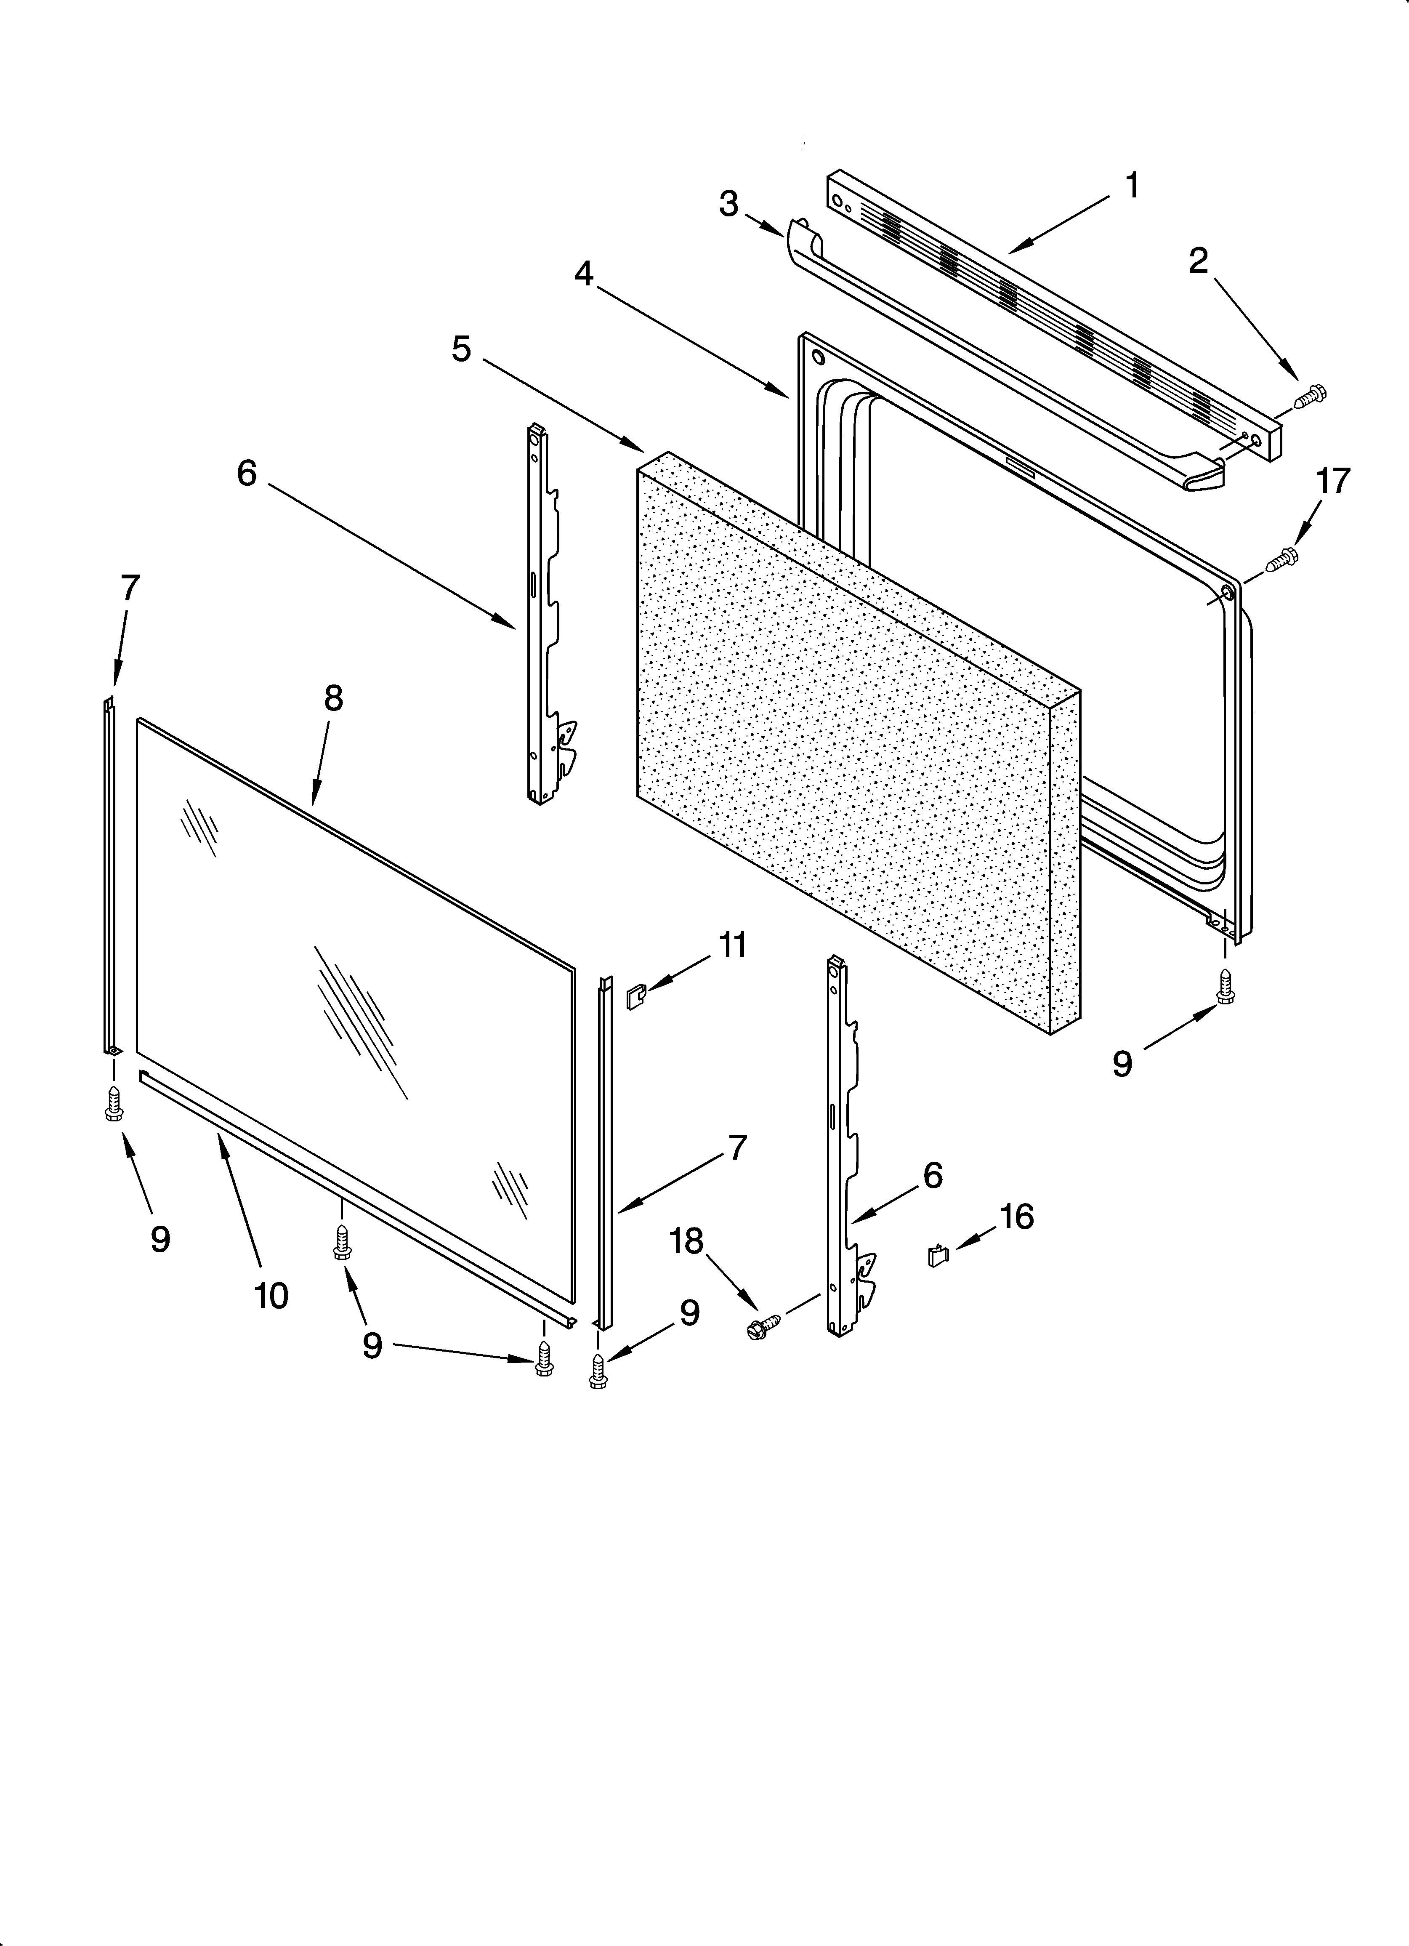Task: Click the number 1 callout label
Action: pos(1132,185)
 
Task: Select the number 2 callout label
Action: pos(1198,261)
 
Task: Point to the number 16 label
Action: pos(1017,1217)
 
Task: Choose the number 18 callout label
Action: pos(686,1241)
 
